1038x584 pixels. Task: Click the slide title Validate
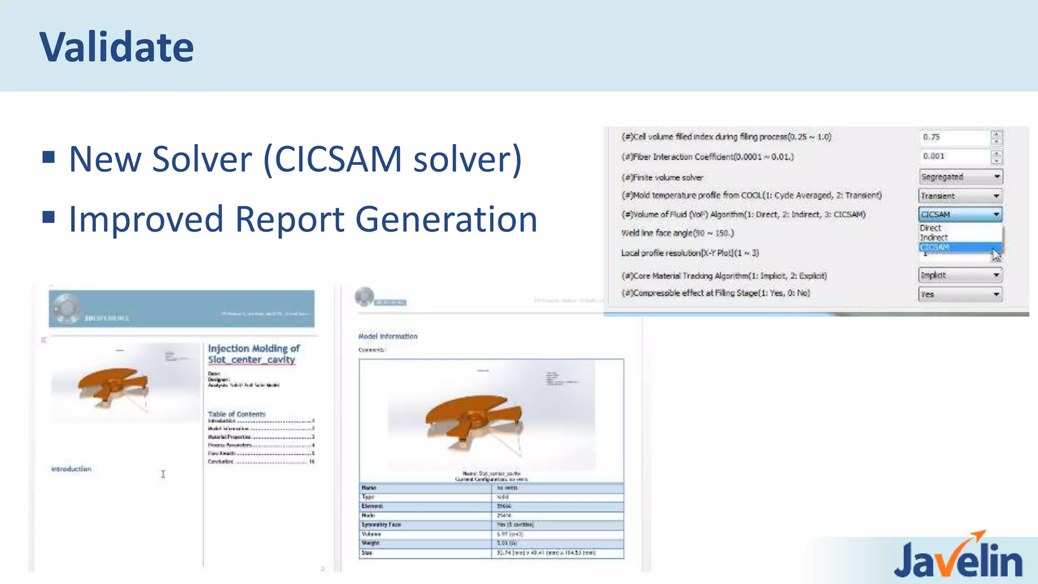tap(117, 47)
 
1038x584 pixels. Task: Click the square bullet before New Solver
tap(49, 157)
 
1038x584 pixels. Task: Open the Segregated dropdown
tap(960, 177)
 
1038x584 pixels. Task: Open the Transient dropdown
tap(960, 196)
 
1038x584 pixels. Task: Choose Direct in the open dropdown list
tap(931, 228)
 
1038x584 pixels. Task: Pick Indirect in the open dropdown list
tap(934, 237)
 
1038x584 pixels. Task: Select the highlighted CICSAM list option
tap(935, 247)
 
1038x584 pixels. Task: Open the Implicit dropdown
tap(960, 275)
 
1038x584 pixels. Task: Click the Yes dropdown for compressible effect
tap(960, 294)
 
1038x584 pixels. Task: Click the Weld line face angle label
tap(677, 233)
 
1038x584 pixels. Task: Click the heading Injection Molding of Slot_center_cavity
tap(253, 354)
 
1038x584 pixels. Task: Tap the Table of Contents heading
tap(237, 414)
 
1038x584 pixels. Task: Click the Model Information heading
tap(388, 336)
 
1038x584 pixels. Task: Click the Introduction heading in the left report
tap(71, 469)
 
